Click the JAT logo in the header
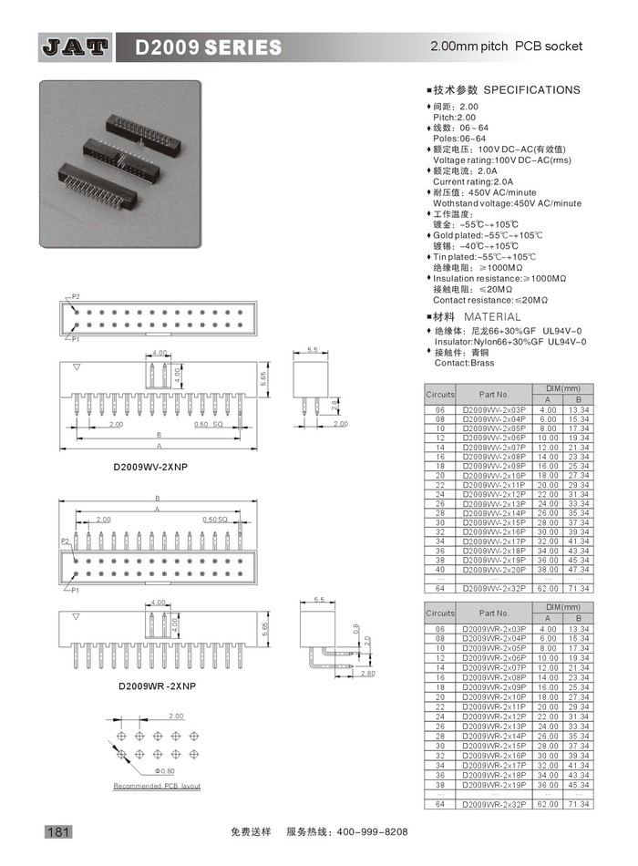tap(74, 46)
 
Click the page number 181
tap(57, 831)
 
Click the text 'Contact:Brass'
tap(464, 363)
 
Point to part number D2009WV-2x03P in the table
tap(494, 410)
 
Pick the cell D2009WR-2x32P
tap(494, 805)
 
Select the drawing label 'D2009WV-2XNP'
tap(150, 466)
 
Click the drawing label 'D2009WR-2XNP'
tap(156, 686)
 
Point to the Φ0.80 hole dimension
tap(164, 771)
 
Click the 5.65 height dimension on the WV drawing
tap(262, 377)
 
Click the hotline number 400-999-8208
tap(374, 832)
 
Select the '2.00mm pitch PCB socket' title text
tap(505, 46)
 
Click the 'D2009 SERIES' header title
tap(209, 46)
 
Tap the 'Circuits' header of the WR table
tap(440, 613)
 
